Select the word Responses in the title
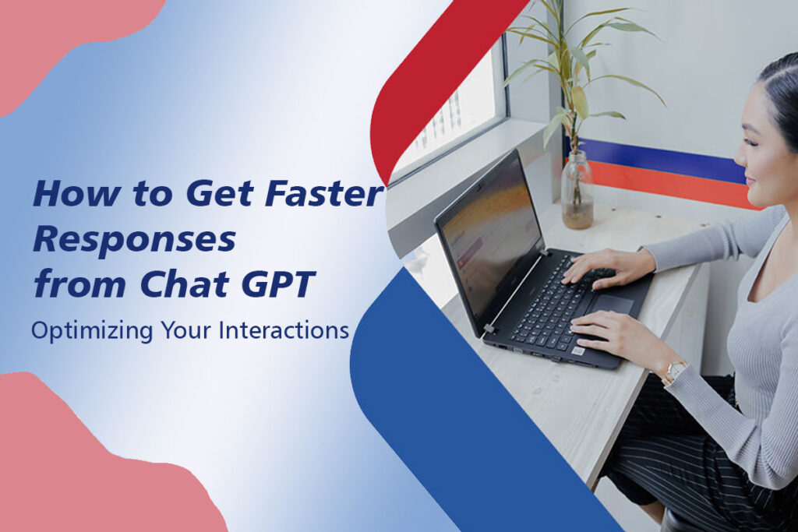(134, 241)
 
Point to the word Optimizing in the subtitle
(81, 331)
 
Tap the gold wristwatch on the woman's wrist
(673, 372)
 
